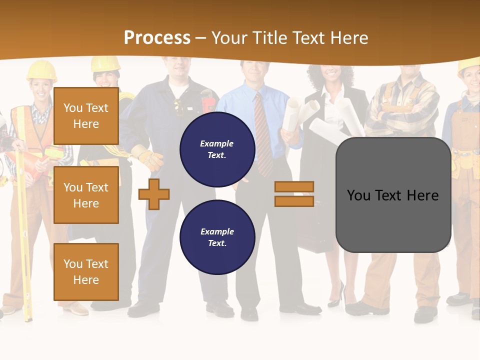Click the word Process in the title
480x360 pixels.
pos(157,37)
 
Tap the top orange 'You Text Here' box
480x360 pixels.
pos(86,116)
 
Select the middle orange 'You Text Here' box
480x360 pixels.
pos(86,195)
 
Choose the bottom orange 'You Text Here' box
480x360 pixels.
pos(86,272)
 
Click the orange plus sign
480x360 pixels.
pos(153,194)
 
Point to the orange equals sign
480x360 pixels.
pos(294,194)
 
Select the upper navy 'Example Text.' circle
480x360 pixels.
pos(217,149)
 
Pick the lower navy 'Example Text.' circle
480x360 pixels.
pos(217,237)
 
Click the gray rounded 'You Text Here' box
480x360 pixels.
pos(393,195)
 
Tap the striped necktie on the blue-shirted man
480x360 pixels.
pos(262,135)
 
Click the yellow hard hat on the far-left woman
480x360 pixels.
pos(41,70)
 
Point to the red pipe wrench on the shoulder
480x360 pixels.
pos(208,99)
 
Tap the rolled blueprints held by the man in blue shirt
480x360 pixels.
pos(300,112)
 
